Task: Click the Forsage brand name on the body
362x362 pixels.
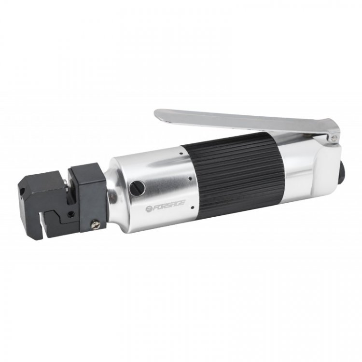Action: tap(166, 205)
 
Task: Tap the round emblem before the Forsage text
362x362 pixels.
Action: tap(148, 209)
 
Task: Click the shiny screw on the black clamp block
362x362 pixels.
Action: tap(96, 224)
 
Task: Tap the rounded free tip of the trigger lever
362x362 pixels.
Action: tap(158, 114)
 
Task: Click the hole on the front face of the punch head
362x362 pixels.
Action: tap(23, 191)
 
